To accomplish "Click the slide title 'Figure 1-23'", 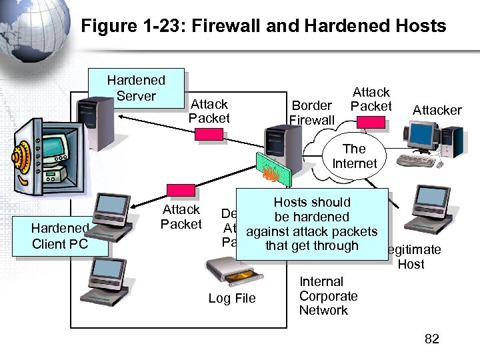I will (263, 26).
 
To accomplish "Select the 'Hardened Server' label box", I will (136, 88).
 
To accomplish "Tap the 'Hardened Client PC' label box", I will (60, 237).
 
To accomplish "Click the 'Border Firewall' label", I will (311, 113).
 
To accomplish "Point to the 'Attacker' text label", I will (437, 110).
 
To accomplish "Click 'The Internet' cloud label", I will (354, 156).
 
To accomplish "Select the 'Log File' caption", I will (231, 298).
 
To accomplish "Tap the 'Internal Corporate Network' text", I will (328, 296).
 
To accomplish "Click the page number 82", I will (432, 339).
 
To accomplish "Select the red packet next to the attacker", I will (370, 121).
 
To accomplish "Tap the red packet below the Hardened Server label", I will (209, 135).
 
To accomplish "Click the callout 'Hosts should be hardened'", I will (312, 224).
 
